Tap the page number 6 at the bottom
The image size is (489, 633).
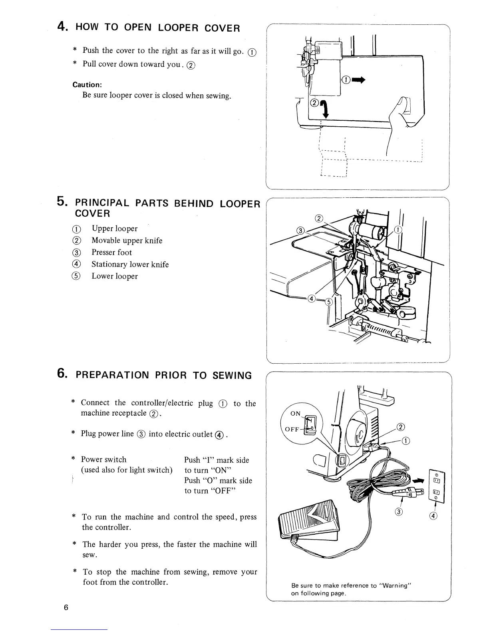point(66,608)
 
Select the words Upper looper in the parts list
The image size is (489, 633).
point(114,229)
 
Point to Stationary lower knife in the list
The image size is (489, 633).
point(130,265)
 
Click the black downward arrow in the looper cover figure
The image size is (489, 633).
point(325,109)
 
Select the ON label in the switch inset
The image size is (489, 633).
point(296,414)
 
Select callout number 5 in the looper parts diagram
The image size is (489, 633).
point(329,302)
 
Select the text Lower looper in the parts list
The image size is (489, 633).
point(114,277)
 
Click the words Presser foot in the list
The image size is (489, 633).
point(111,253)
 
